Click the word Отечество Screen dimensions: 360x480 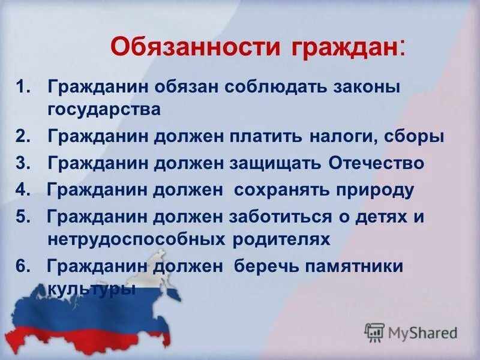tap(377, 163)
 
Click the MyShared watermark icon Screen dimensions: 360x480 tap(375, 332)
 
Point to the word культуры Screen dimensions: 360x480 tap(91, 289)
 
